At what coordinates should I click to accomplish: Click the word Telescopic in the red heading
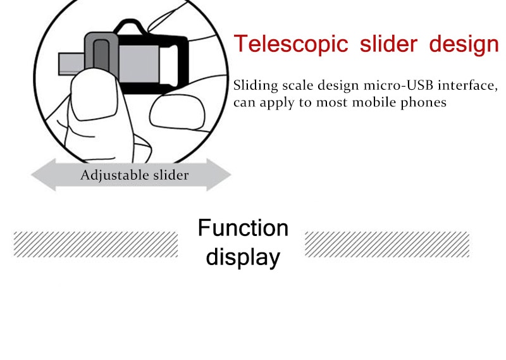pos(291,44)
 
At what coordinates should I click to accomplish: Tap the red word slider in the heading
pos(388,43)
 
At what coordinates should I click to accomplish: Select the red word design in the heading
pos(464,44)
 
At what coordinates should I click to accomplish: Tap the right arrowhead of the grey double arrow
pos(219,175)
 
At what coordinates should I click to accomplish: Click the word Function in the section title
pos(243,228)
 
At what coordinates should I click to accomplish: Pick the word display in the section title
pos(243,258)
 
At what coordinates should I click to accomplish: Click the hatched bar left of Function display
pos(96,244)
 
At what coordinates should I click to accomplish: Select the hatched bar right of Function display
pos(387,244)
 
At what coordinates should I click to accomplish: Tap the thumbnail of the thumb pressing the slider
pos(94,94)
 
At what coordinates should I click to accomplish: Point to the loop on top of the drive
pos(129,27)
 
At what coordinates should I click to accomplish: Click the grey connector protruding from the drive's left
pos(71,64)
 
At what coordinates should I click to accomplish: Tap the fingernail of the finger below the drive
pos(177,111)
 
